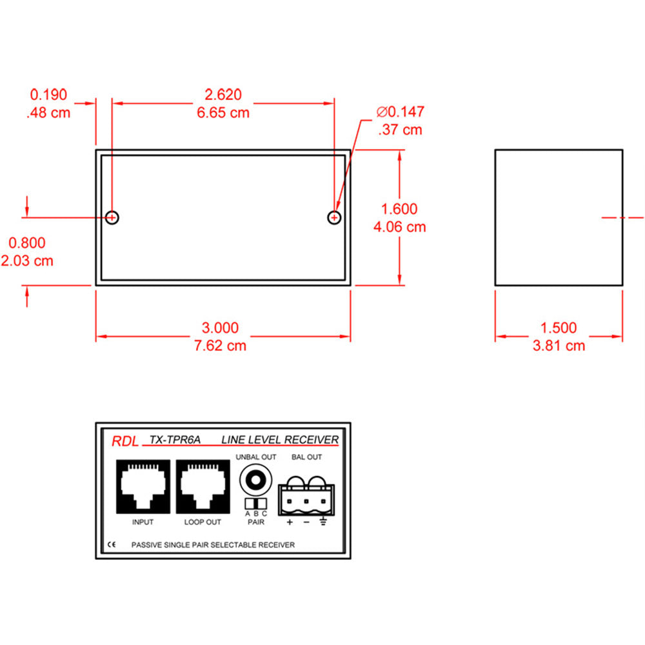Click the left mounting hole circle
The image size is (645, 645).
(112, 217)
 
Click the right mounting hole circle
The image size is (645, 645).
(334, 217)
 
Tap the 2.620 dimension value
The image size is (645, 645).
(223, 95)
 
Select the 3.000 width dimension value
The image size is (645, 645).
(223, 328)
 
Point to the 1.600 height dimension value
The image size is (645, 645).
(399, 209)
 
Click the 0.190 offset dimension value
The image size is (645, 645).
(48, 95)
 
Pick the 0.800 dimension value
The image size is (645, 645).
(26, 243)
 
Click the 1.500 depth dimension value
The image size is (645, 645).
(559, 328)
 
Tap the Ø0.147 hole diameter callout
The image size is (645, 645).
(401, 112)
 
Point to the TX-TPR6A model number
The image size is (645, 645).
(175, 440)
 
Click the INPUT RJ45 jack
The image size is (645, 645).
(143, 486)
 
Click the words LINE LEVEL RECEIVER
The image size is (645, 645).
(280, 440)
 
